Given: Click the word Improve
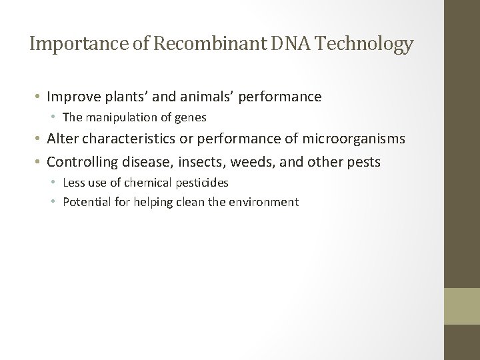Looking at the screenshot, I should click(x=69, y=97).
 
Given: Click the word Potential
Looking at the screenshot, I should click(x=84, y=201).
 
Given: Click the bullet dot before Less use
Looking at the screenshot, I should click(x=55, y=182).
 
